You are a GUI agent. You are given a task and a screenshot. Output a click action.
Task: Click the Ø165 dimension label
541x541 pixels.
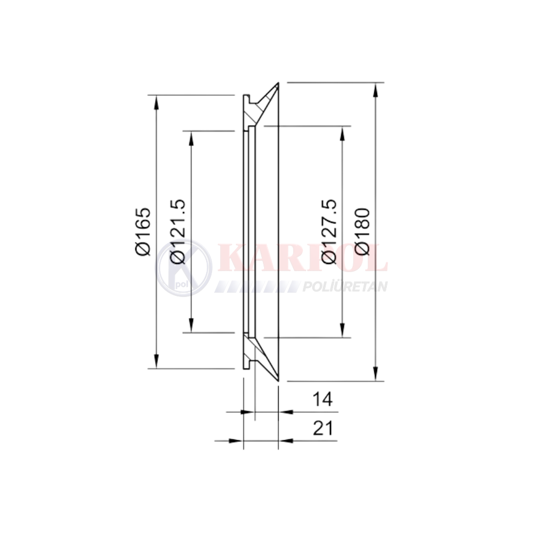143,232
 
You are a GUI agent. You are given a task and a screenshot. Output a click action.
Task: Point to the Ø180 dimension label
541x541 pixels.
362,232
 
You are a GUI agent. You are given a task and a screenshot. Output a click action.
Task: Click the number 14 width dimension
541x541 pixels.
322,399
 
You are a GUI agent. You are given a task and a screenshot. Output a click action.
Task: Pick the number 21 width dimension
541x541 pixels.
323,428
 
